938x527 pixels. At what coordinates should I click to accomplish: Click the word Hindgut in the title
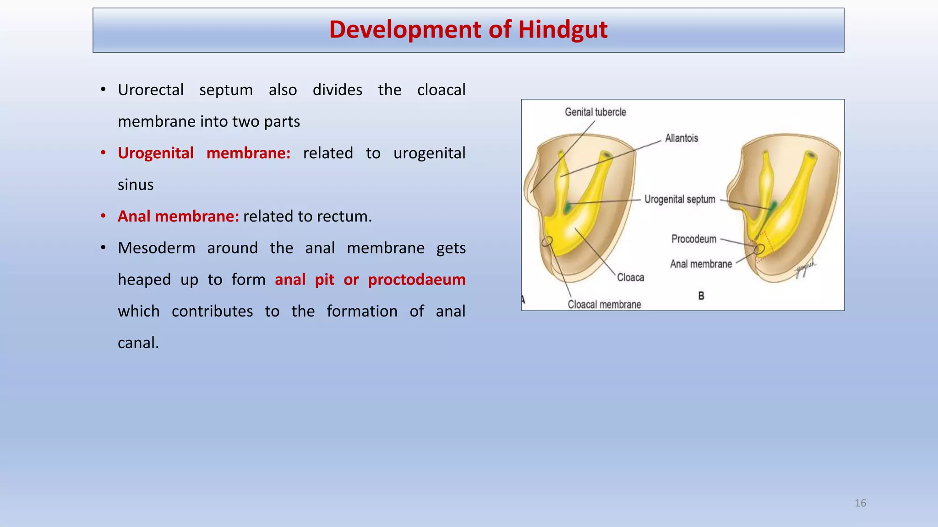click(x=562, y=30)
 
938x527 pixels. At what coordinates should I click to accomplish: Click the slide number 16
click(x=860, y=503)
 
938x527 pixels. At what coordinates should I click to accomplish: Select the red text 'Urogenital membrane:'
click(x=204, y=153)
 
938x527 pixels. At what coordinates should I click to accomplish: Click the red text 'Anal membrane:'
click(x=178, y=216)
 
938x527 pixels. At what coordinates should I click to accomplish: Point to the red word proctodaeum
click(x=416, y=280)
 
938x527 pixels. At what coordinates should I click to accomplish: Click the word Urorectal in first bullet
click(x=151, y=90)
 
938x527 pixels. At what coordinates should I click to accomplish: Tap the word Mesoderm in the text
click(x=156, y=248)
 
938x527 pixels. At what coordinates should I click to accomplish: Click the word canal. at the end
click(x=138, y=343)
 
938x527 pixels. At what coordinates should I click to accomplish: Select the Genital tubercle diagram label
click(x=595, y=112)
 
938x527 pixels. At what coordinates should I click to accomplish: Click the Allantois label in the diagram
click(x=681, y=138)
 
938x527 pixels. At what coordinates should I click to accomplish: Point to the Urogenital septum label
click(x=680, y=199)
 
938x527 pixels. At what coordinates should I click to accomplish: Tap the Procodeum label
click(x=693, y=239)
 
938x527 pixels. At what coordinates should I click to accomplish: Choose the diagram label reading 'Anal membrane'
click(x=701, y=264)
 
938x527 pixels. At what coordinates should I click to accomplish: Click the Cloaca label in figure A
click(x=630, y=277)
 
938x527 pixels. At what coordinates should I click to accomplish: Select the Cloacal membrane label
click(x=604, y=305)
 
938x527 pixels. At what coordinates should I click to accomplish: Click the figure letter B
click(x=701, y=296)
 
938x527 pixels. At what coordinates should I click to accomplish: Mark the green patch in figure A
click(x=568, y=207)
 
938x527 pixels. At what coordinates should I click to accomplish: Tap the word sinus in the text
click(x=136, y=185)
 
